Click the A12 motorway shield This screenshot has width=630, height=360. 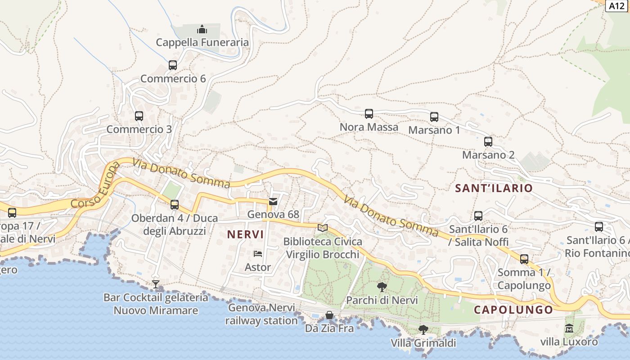(617, 5)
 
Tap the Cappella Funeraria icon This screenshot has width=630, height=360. (202, 29)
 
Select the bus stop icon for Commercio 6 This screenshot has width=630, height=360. (173, 65)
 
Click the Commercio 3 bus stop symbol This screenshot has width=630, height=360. (139, 116)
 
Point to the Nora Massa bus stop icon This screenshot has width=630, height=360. (369, 114)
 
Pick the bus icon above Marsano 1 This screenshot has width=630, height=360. (434, 117)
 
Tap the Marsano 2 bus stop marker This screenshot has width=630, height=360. (488, 142)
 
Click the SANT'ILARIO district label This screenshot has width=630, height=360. (494, 188)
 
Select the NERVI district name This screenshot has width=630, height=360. (245, 234)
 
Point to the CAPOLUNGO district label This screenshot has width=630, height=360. (513, 310)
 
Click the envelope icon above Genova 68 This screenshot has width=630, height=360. (273, 201)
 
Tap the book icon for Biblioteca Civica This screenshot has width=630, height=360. (322, 228)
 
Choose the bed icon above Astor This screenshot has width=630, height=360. (258, 254)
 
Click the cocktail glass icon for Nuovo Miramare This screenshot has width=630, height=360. (156, 284)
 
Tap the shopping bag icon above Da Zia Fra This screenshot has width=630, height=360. (329, 315)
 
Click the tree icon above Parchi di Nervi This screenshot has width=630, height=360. (382, 287)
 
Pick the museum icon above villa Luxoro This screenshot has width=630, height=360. (569, 328)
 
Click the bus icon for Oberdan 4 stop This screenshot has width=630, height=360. (175, 205)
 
